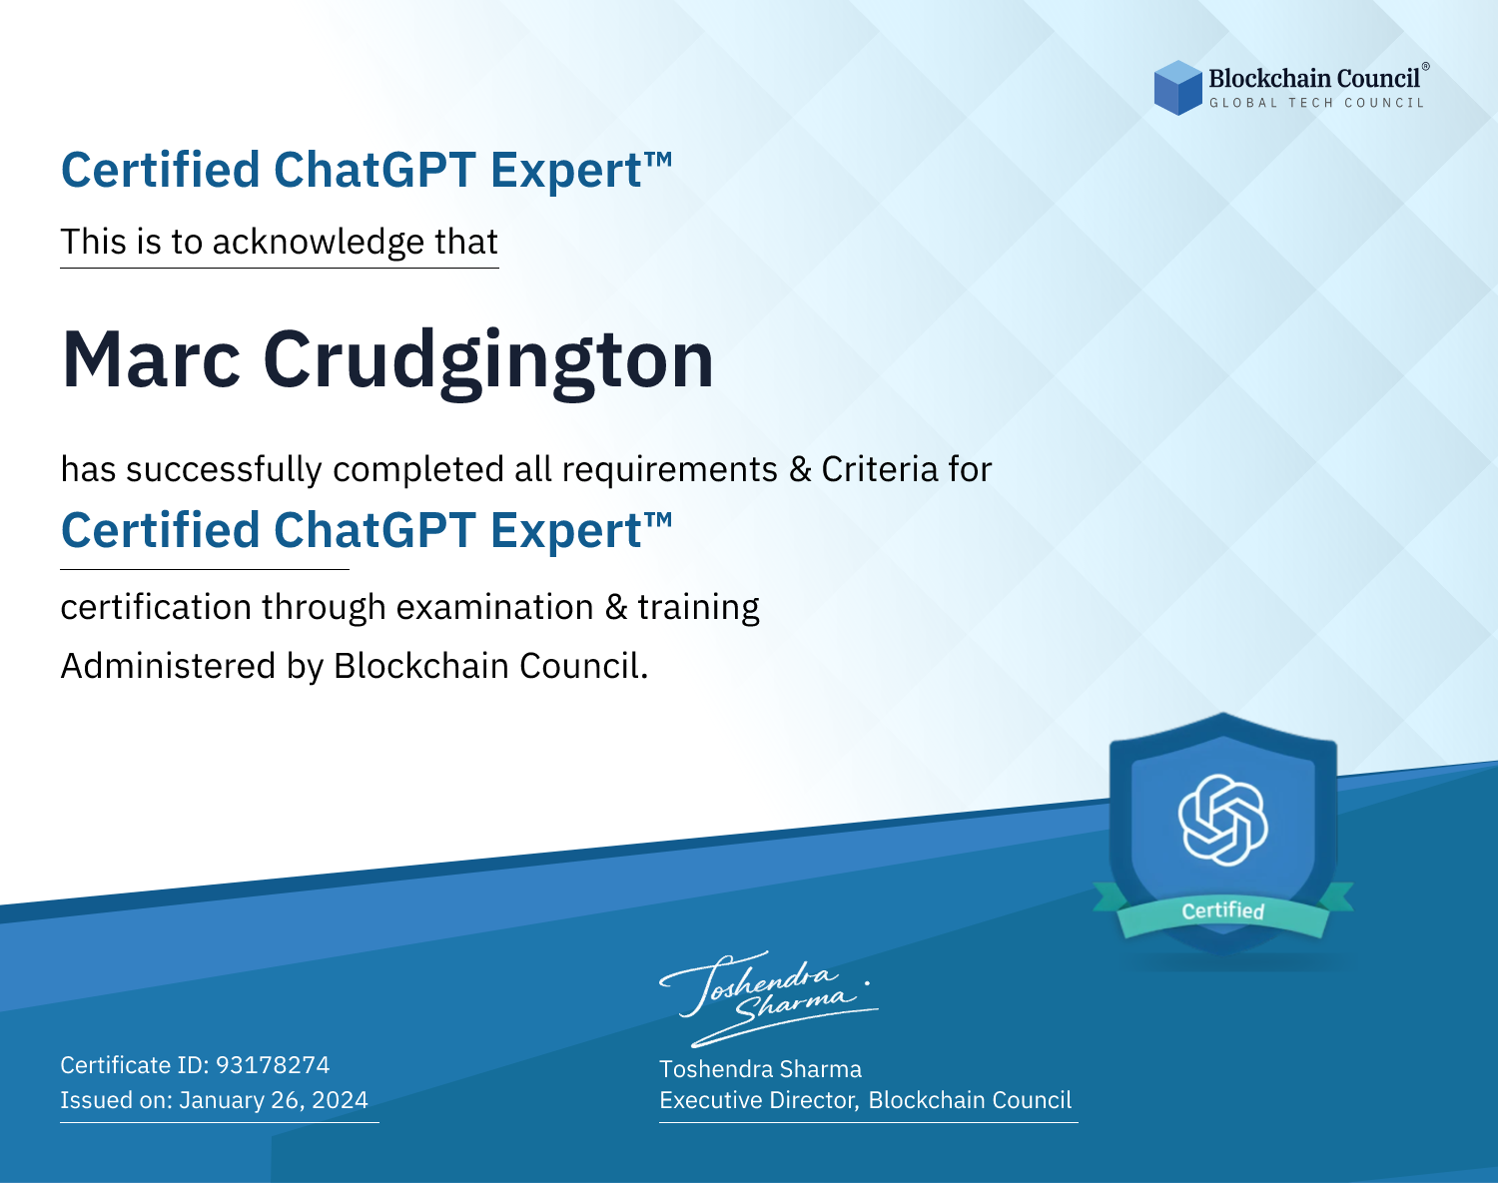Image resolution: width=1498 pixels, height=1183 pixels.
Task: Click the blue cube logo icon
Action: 1177,88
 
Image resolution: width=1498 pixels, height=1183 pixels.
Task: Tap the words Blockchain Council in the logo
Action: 1313,79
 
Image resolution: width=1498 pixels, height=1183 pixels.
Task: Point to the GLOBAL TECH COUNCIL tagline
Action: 1316,103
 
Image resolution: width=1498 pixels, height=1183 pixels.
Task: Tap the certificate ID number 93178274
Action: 273,1064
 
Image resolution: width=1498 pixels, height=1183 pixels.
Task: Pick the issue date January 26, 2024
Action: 274,1099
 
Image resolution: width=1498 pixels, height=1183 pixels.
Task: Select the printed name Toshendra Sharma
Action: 760,1069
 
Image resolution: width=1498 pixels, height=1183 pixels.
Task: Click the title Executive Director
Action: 757,1100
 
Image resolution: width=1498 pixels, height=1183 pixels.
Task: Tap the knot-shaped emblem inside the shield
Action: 1222,820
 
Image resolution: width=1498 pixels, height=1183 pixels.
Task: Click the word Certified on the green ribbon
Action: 1222,910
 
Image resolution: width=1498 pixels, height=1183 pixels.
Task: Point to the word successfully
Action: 224,470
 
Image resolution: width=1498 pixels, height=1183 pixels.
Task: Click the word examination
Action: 495,607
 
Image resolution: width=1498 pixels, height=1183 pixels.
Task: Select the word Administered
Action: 169,665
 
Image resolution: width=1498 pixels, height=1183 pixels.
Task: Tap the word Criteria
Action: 879,469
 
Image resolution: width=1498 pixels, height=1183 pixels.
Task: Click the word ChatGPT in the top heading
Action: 375,170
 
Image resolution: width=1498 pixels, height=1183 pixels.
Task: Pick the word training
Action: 698,608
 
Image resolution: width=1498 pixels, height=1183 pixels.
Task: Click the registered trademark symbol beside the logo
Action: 1425,66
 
